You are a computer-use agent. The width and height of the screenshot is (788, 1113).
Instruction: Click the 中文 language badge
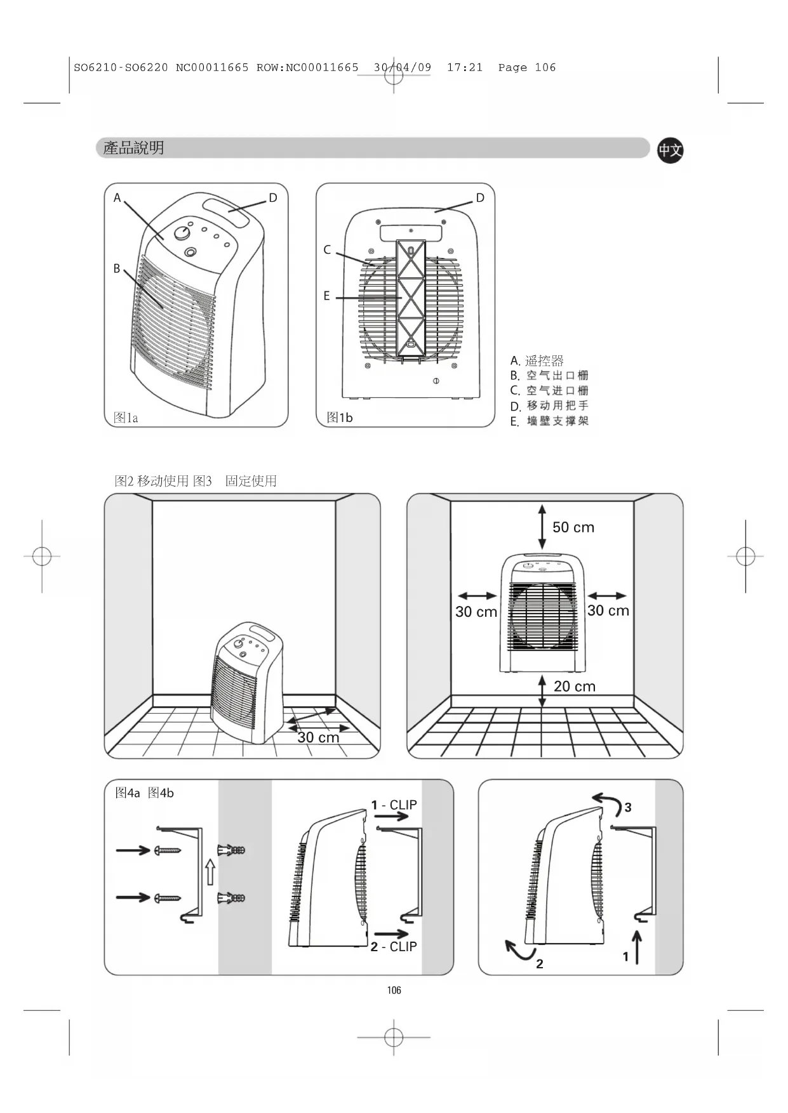click(x=670, y=150)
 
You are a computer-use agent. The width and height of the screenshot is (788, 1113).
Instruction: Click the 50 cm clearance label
click(x=573, y=527)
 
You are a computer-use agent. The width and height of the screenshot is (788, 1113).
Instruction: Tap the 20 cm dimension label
click(x=575, y=686)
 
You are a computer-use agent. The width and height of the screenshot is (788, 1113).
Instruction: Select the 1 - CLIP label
click(x=394, y=805)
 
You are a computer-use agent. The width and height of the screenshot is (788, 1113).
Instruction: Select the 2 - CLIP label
click(x=394, y=947)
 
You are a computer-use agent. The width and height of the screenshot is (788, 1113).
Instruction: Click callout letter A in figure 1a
click(x=117, y=198)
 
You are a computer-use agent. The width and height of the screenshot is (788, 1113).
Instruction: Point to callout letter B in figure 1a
click(x=117, y=268)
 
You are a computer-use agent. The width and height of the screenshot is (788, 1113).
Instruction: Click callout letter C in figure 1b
click(x=327, y=250)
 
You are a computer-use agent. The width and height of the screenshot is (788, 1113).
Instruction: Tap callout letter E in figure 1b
click(x=326, y=296)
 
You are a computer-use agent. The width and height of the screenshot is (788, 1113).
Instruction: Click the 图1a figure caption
click(x=126, y=418)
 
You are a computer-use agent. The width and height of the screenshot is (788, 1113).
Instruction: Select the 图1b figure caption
click(x=340, y=418)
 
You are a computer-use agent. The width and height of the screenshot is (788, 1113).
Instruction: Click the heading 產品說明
click(x=134, y=148)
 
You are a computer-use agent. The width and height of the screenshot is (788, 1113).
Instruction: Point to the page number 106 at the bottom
click(x=394, y=990)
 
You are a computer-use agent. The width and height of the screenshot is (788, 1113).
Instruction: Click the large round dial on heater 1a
click(x=183, y=233)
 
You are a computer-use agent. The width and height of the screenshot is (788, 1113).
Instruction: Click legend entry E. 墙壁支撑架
click(x=550, y=421)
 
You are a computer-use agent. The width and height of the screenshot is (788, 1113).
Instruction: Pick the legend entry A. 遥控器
click(x=537, y=361)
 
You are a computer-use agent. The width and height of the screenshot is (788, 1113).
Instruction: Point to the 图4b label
click(x=161, y=793)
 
